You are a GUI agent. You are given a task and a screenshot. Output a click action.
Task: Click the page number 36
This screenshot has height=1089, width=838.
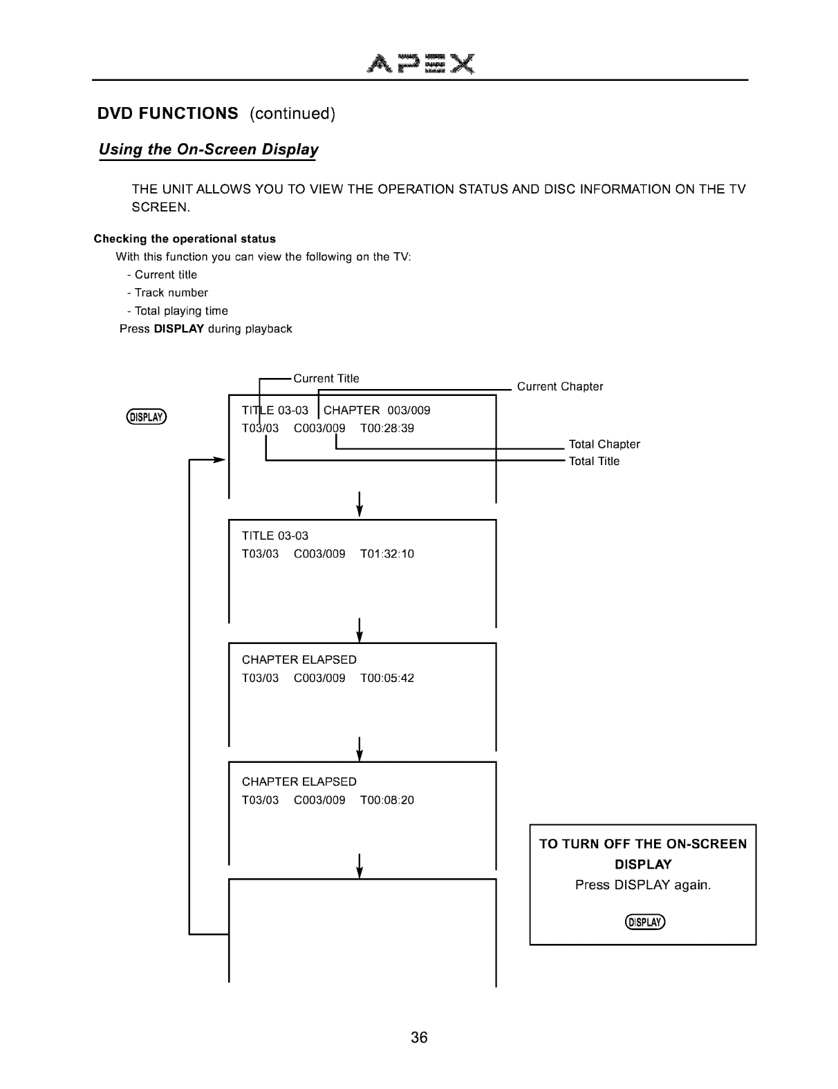click(x=419, y=1037)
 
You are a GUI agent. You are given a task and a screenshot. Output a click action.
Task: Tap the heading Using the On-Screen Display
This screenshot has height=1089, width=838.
click(x=209, y=150)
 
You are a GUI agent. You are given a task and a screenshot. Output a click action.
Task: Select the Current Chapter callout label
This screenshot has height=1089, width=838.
click(x=560, y=386)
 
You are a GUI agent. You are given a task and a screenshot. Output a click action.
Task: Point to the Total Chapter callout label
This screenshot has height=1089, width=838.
click(x=604, y=444)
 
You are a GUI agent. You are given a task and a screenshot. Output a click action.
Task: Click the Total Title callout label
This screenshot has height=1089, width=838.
click(x=594, y=462)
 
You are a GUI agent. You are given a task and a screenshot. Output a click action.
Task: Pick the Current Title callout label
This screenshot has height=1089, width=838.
click(x=326, y=379)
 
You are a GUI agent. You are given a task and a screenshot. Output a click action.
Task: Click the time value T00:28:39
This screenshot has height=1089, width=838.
click(x=387, y=428)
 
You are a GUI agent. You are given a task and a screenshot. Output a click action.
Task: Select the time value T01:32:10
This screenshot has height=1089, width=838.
click(x=387, y=554)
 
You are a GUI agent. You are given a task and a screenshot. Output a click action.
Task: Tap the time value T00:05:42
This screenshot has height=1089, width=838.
click(x=387, y=679)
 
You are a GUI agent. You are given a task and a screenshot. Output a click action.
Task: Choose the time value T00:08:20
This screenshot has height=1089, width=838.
click(x=387, y=801)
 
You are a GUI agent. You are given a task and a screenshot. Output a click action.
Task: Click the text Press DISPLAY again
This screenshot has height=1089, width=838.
click(x=643, y=885)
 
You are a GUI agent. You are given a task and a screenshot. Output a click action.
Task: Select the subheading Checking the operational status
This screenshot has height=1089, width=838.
click(x=185, y=239)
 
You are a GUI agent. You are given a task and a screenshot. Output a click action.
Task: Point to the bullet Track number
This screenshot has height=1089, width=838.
click(x=171, y=293)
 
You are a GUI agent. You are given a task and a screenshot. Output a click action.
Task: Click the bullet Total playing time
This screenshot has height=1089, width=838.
click(x=181, y=311)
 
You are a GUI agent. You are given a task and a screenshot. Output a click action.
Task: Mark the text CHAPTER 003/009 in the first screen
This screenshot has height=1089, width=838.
click(x=377, y=410)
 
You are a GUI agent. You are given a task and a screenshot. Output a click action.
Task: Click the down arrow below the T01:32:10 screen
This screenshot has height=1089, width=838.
click(x=359, y=629)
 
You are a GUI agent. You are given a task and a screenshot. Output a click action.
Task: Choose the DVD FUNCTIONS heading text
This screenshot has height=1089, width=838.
click(x=168, y=113)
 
